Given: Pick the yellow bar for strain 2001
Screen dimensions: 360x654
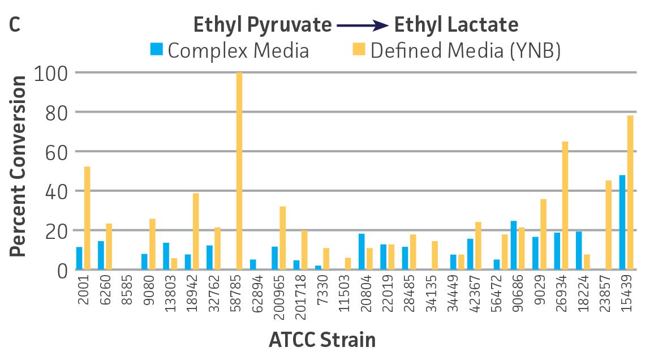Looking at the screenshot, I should pos(87,218).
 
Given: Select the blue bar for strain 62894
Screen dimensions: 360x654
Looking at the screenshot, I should pos(253,264).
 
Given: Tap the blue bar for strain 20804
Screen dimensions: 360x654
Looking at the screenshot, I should pos(362,251).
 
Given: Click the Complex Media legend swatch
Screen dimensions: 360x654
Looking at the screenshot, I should pos(157,50).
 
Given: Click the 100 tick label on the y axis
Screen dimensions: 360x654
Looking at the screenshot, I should pos(51,73).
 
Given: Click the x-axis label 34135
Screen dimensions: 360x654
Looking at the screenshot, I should pos(431,292).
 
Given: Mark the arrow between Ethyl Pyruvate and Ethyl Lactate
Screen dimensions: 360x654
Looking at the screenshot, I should pos(362,25).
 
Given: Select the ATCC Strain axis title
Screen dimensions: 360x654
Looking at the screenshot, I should pos(322,340).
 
